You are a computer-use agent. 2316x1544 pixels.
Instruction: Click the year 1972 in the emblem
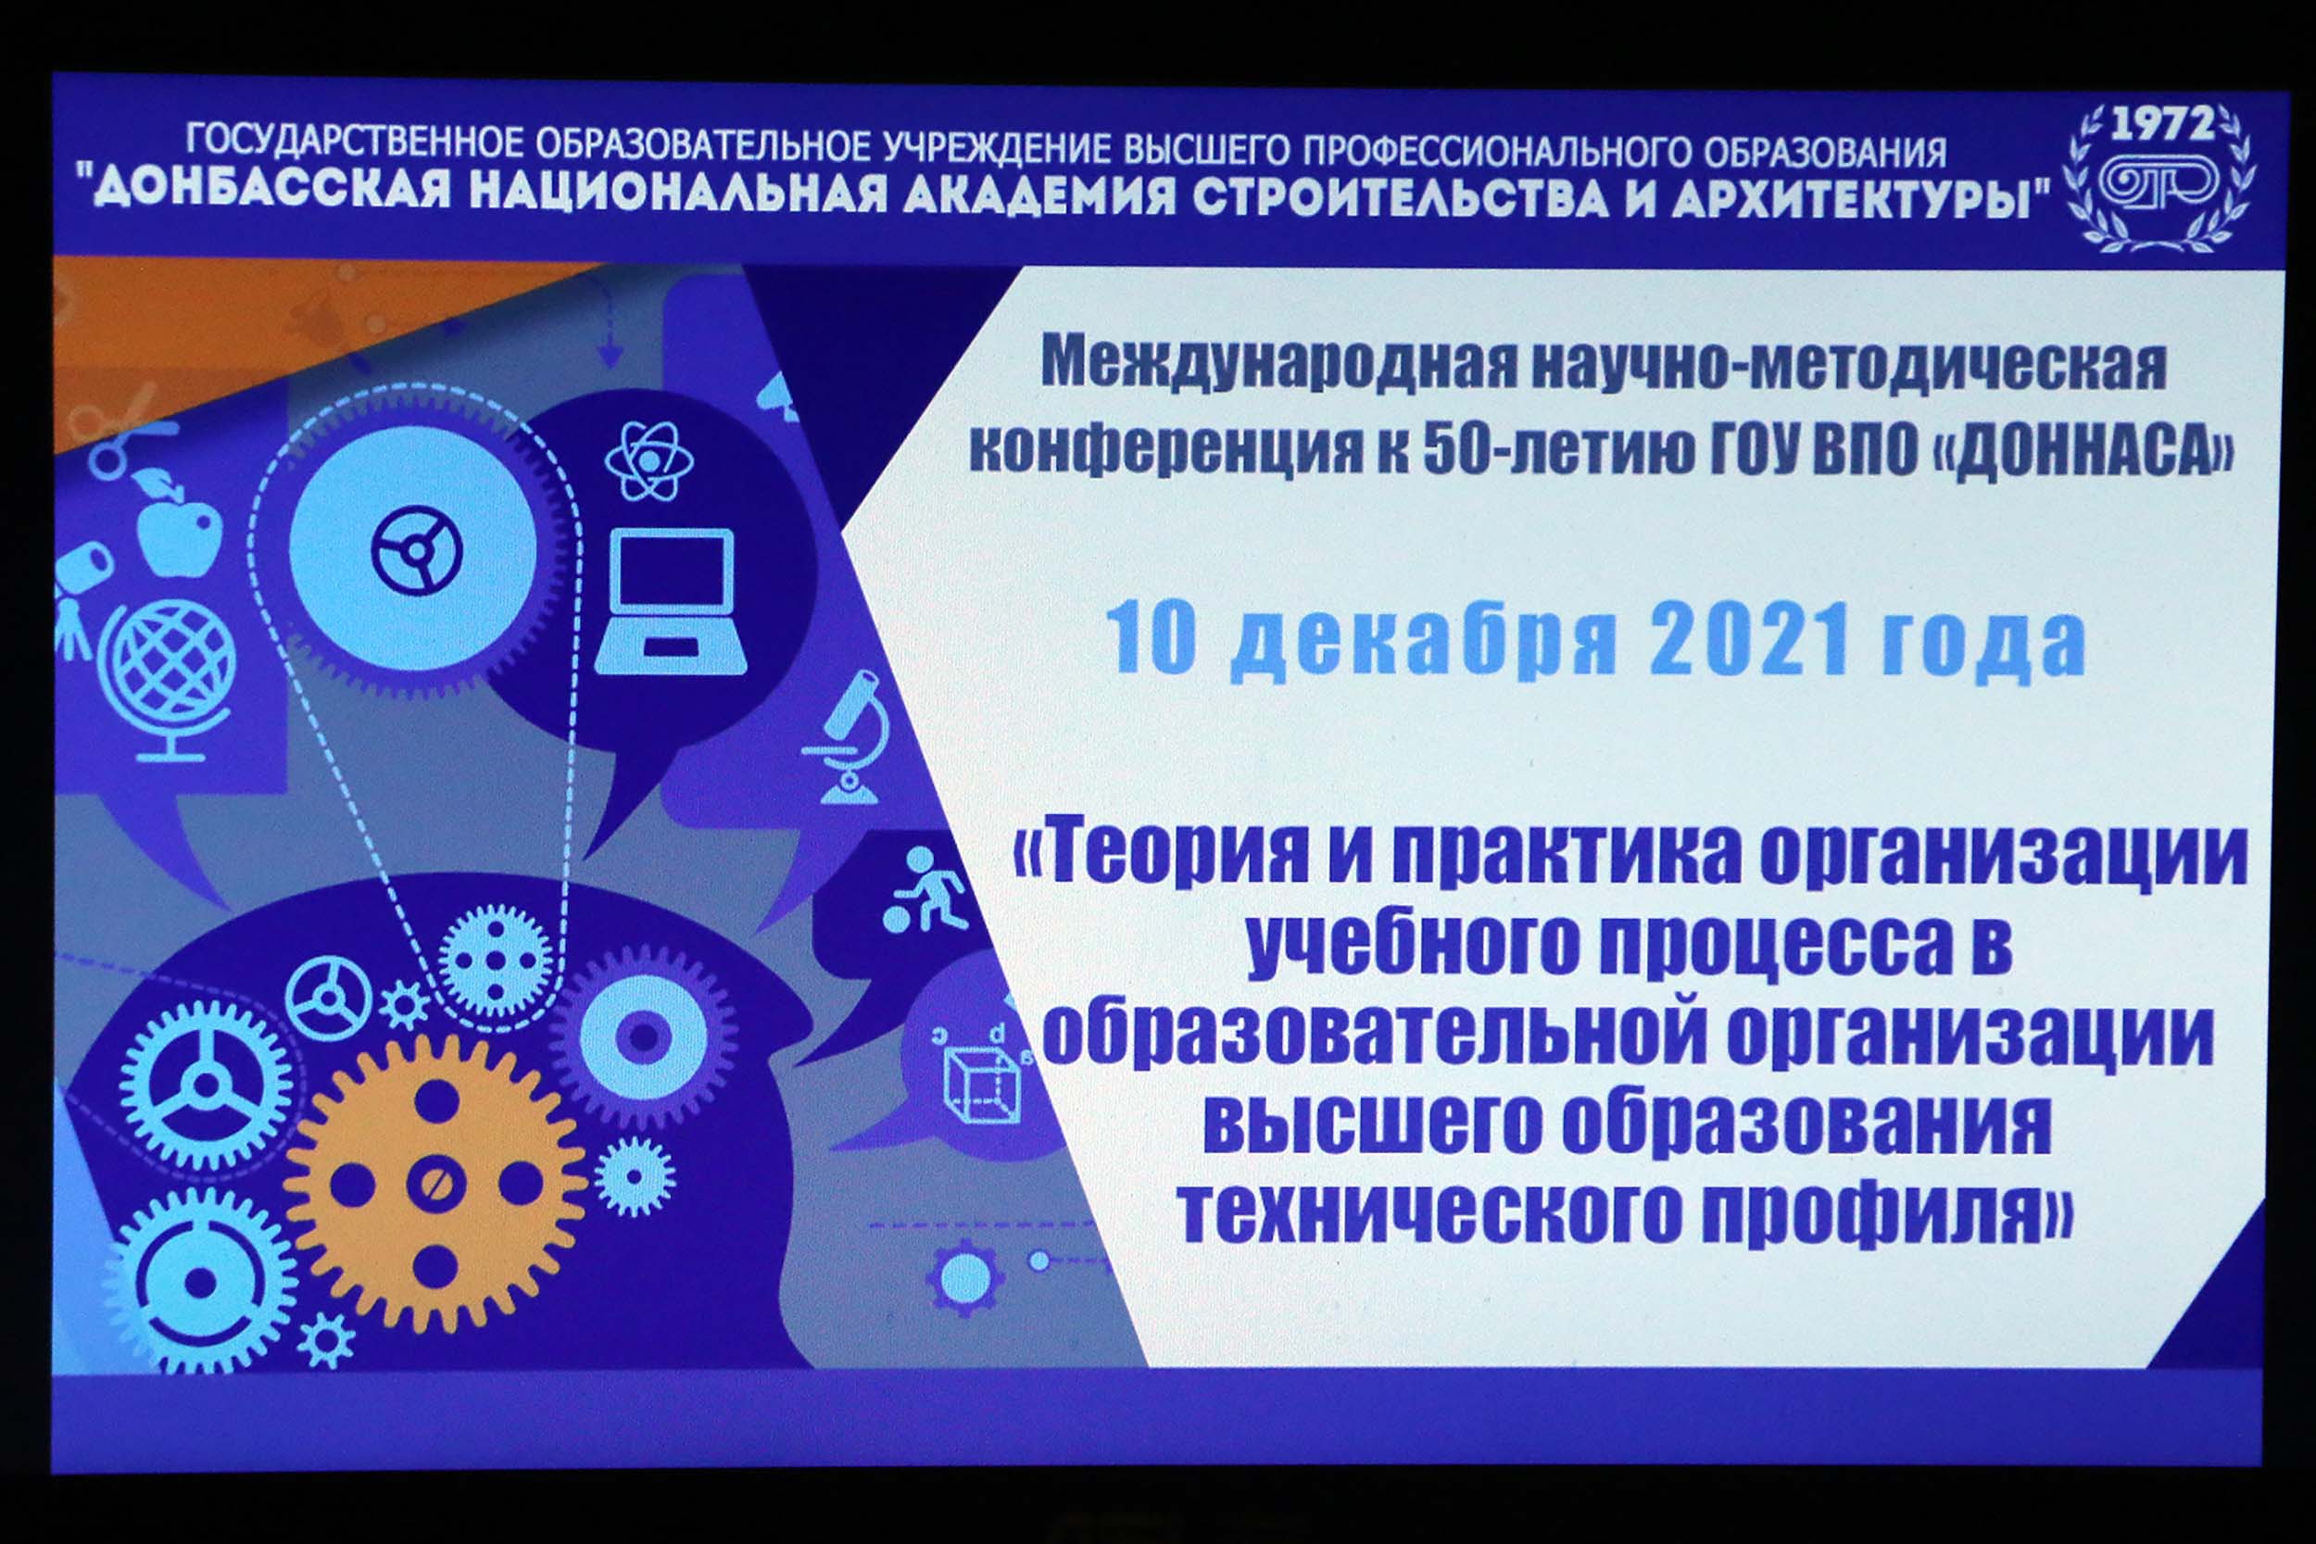(2161, 125)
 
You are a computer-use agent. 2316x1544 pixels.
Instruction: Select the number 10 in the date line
(1150, 638)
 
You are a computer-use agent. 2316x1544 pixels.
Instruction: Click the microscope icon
(845, 737)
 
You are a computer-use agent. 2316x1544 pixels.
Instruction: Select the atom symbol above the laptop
(650, 458)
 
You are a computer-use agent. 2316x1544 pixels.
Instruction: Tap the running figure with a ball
(925, 891)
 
